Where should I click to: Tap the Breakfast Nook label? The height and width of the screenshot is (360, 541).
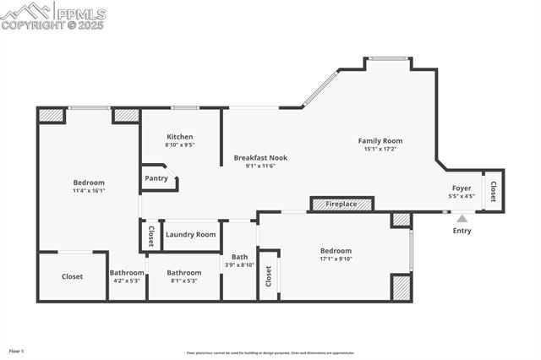click(260, 158)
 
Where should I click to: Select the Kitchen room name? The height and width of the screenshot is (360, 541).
click(179, 137)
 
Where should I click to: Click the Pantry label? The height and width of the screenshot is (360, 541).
click(156, 178)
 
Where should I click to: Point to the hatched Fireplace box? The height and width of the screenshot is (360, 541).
click(342, 204)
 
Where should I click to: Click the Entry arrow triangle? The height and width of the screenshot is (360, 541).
click(462, 218)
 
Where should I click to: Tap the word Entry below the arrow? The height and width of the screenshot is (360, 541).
click(462, 231)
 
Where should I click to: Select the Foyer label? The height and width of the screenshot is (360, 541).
click(462, 188)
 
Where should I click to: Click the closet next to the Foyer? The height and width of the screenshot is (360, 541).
click(493, 191)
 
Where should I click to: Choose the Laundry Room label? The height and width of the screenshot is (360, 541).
click(190, 235)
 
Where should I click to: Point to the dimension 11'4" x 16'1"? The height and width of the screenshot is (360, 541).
click(89, 191)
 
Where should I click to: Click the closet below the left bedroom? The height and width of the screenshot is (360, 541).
click(72, 276)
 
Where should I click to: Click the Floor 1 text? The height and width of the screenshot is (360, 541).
click(17, 351)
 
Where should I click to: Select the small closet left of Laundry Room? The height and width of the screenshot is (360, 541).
click(150, 234)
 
